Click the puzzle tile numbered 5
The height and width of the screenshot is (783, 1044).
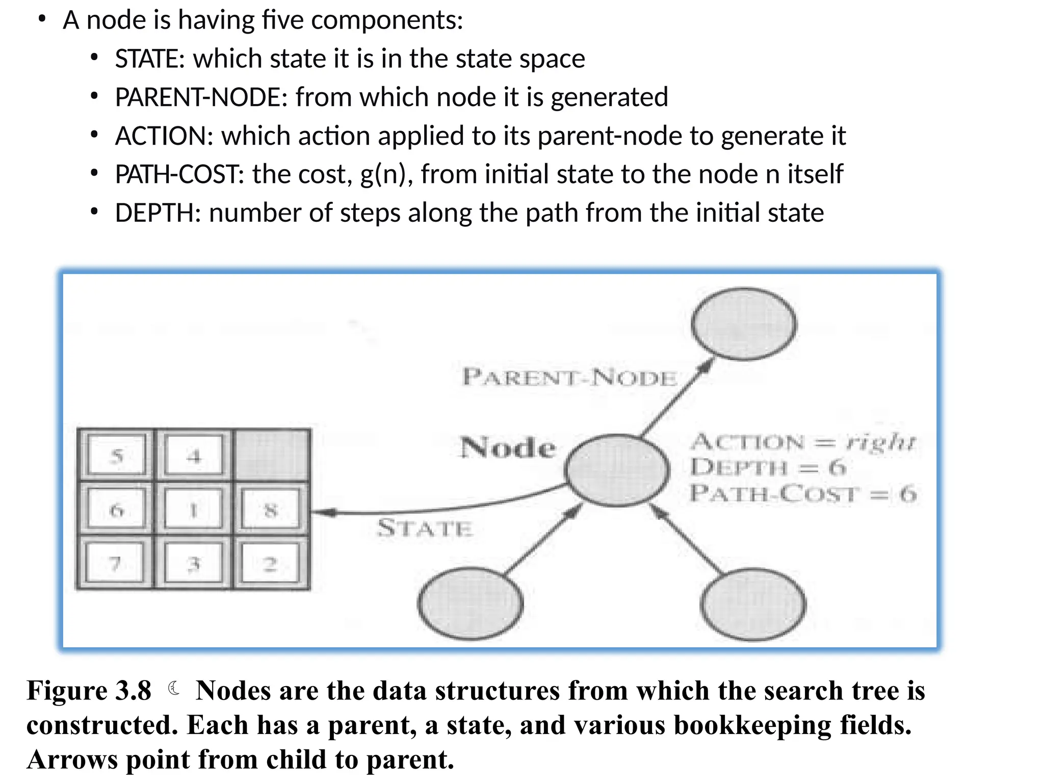[x=117, y=455]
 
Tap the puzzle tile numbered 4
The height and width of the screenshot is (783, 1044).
[x=194, y=455]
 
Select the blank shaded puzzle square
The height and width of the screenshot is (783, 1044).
[x=271, y=455]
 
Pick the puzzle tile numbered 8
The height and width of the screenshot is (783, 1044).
[x=271, y=509]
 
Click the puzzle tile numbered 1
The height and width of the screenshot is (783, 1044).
[x=194, y=509]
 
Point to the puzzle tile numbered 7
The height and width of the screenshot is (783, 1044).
[x=116, y=563]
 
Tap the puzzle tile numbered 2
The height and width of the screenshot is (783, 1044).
[x=270, y=563]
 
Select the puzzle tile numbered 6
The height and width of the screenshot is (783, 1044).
[x=117, y=509]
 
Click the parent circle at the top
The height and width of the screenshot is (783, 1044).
[x=744, y=324]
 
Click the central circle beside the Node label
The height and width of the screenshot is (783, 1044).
[x=617, y=470]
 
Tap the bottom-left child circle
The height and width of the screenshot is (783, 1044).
[x=470, y=604]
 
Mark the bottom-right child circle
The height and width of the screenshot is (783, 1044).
[x=753, y=604]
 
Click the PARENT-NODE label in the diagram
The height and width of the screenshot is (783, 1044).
[x=569, y=378]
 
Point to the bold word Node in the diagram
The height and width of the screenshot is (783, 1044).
[x=508, y=448]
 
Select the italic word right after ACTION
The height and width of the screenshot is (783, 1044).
[x=880, y=441]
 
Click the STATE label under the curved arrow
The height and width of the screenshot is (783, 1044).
[x=425, y=528]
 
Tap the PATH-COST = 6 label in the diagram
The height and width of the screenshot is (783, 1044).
[x=803, y=493]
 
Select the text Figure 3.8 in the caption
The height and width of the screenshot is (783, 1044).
[x=89, y=691]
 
